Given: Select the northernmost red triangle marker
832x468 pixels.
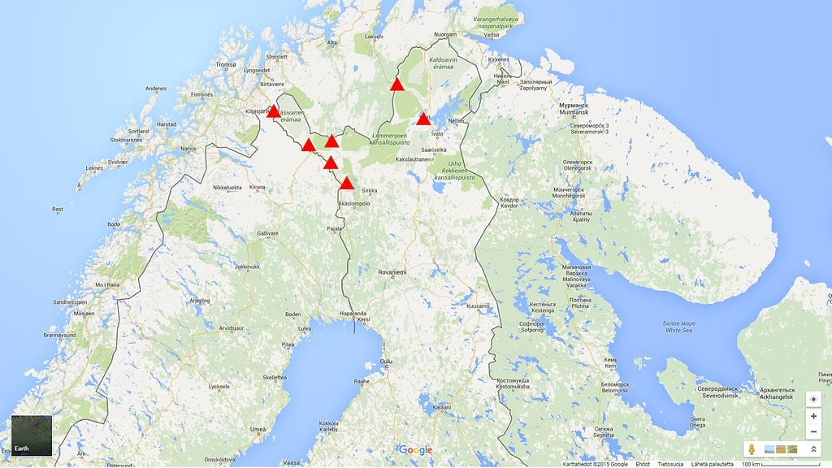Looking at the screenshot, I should (396, 84).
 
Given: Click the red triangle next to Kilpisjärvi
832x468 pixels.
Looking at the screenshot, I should (273, 112).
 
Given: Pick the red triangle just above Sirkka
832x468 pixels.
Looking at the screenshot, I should (347, 184).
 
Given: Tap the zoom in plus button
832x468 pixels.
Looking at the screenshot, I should (813, 416).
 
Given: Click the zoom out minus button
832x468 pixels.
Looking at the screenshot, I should (813, 431).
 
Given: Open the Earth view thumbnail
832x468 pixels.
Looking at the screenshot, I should (31, 435).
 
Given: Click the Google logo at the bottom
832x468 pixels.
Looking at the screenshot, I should (415, 450).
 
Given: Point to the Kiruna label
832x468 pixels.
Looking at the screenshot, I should (258, 187).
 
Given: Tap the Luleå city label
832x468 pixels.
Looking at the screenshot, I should (305, 329).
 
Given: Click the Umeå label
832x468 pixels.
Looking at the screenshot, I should (258, 429).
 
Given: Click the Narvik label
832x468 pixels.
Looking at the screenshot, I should (188, 149).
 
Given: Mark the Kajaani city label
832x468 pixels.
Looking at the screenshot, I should (441, 406).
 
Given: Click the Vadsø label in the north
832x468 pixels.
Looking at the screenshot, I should (492, 35).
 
